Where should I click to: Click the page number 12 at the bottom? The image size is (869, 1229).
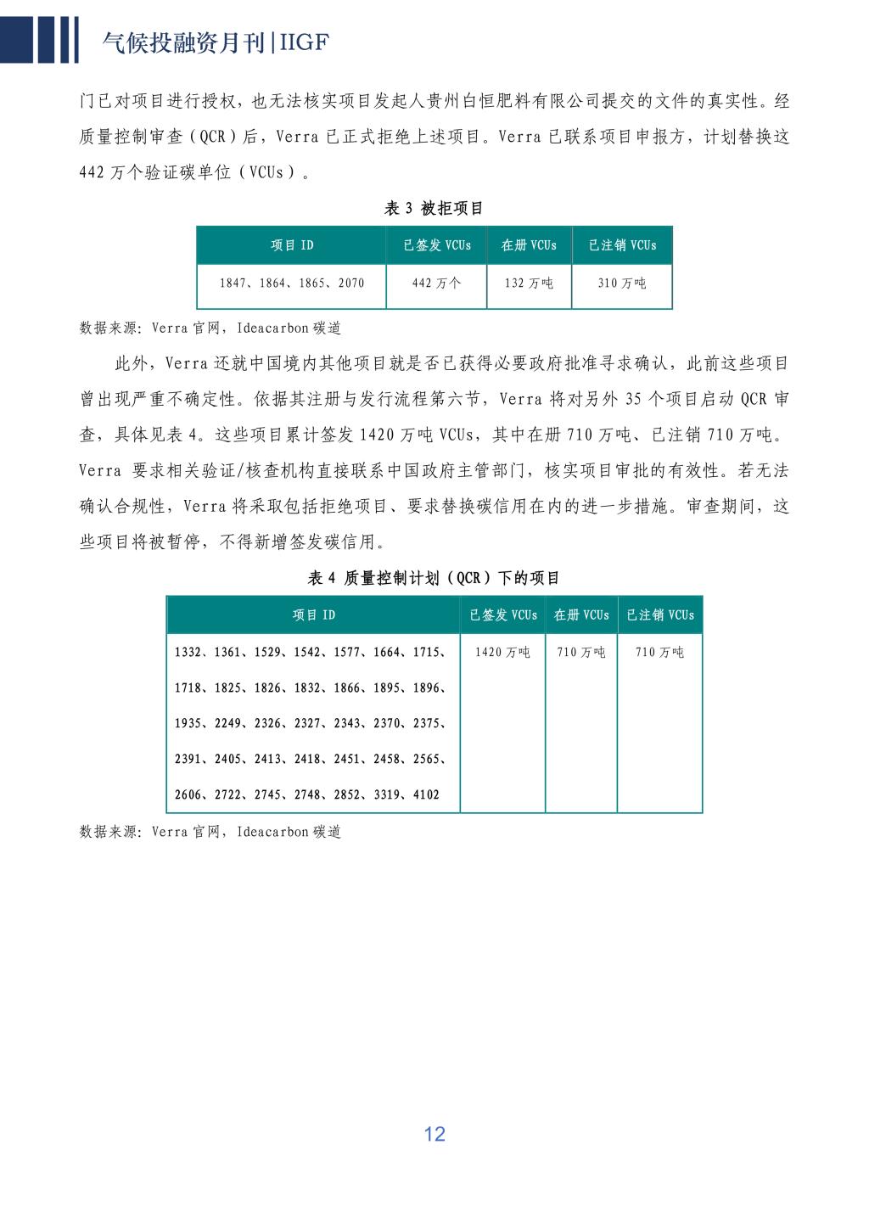click(x=434, y=1134)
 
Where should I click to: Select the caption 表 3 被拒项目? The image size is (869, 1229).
click(x=434, y=208)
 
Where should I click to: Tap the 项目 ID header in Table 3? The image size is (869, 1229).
click(x=292, y=245)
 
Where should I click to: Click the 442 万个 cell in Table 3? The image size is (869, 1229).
click(x=436, y=283)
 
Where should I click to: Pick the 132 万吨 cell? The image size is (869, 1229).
click(x=529, y=283)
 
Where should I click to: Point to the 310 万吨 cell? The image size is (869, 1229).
click(x=622, y=283)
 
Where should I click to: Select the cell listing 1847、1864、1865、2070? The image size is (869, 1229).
click(x=292, y=283)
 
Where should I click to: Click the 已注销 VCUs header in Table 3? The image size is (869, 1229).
click(x=622, y=245)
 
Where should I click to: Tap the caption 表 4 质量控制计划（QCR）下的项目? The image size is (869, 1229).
click(x=434, y=578)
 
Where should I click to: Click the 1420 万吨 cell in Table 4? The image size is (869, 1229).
click(x=502, y=652)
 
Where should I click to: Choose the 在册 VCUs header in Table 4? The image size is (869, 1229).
click(x=581, y=615)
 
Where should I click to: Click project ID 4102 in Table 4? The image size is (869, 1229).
click(x=426, y=794)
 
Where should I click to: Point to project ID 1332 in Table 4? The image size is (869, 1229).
click(x=188, y=652)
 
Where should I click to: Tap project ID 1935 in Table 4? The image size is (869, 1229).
click(x=188, y=723)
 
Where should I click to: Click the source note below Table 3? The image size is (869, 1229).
click(x=210, y=328)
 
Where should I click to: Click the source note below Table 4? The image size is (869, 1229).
click(x=210, y=832)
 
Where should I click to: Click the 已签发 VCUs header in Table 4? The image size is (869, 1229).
click(x=503, y=615)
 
